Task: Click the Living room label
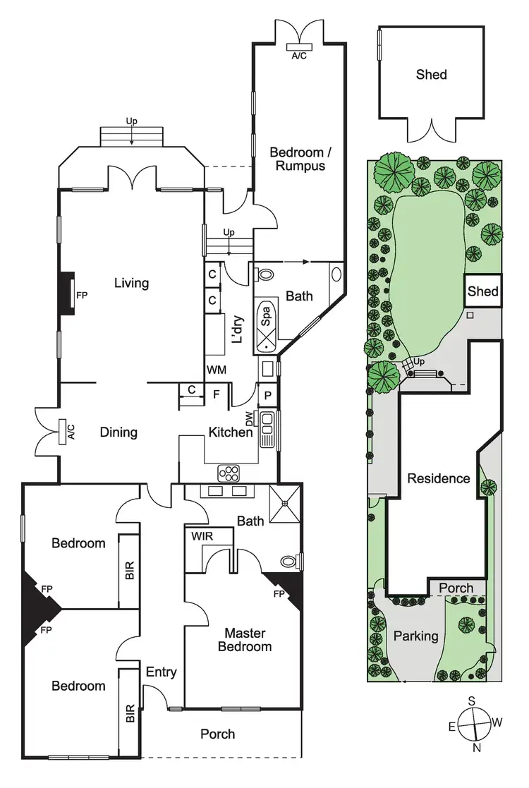(x=132, y=283)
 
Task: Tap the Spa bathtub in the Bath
(x=266, y=327)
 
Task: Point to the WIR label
(x=202, y=535)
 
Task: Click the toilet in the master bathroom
(x=289, y=562)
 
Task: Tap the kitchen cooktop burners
(x=229, y=473)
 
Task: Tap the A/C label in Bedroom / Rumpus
(x=299, y=55)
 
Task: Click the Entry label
(x=161, y=672)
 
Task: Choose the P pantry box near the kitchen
(x=268, y=396)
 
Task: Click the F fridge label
(x=217, y=395)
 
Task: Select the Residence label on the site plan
(x=439, y=478)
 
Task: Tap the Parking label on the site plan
(x=416, y=636)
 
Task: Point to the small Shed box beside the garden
(x=483, y=291)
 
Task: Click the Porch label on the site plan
(x=456, y=588)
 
